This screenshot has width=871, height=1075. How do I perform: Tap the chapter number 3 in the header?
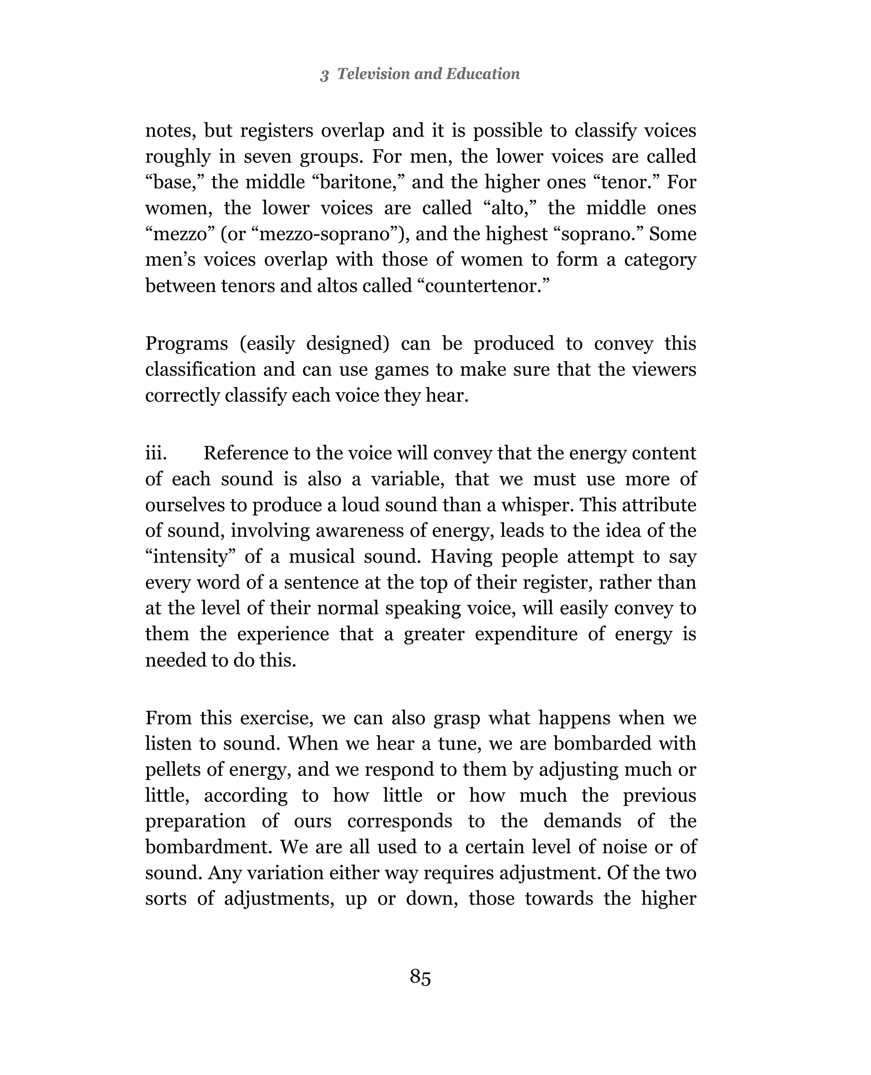pos(324,75)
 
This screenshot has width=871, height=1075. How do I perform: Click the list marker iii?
pos(156,453)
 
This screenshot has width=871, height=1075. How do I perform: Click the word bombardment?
pos(208,847)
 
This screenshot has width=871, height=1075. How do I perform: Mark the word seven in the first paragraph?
pos(266,156)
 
